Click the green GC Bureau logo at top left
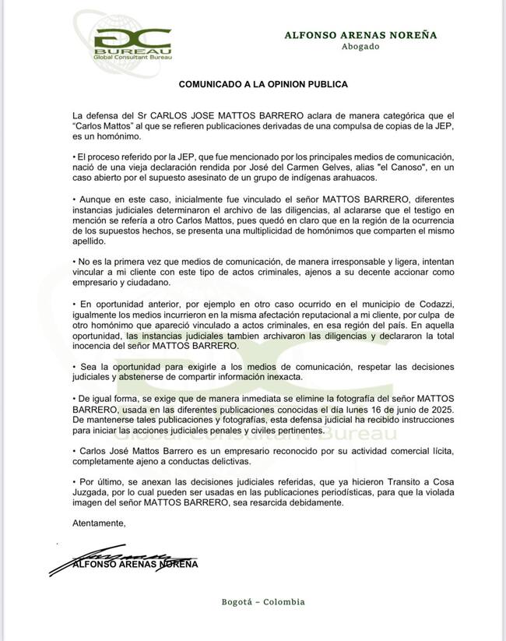(x=131, y=44)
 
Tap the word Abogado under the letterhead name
(x=360, y=47)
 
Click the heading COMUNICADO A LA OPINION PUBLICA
(x=263, y=83)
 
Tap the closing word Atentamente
(x=98, y=523)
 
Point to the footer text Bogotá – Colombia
(x=263, y=602)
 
